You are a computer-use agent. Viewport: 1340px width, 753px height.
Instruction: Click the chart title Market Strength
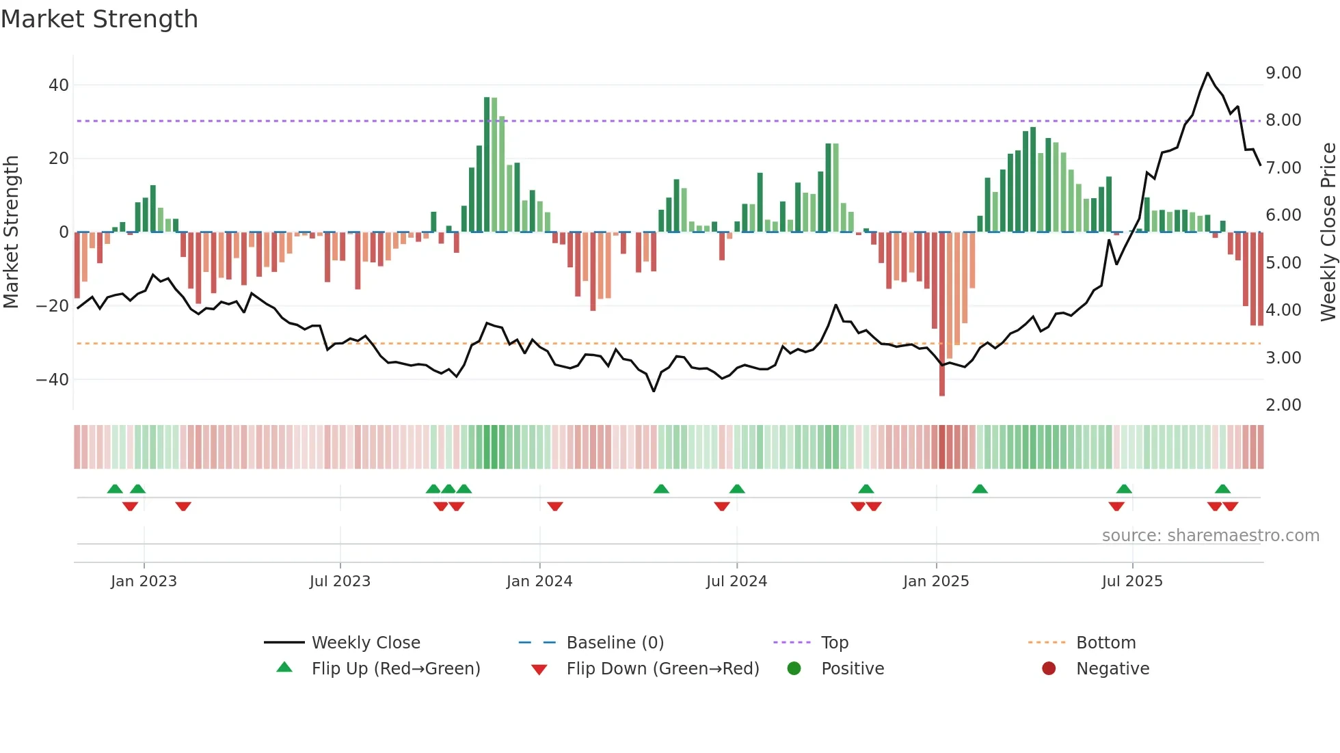(99, 19)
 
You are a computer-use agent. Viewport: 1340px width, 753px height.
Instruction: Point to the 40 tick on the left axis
(59, 85)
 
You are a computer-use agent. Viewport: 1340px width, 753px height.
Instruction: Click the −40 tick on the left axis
(53, 379)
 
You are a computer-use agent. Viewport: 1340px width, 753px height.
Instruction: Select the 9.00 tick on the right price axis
(1283, 73)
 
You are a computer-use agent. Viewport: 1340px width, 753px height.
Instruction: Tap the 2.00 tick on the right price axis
(1283, 405)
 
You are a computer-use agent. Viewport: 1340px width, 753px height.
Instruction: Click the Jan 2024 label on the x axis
(539, 581)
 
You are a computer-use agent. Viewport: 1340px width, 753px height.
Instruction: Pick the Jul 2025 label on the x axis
(1131, 581)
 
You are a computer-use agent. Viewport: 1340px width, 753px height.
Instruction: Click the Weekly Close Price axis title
(1328, 232)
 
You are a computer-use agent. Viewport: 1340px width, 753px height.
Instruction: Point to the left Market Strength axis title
(12, 232)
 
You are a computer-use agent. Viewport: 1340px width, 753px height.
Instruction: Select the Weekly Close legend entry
(366, 643)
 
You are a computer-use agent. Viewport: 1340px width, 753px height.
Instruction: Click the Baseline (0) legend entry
(615, 643)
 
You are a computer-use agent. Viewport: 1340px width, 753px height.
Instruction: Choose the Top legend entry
(834, 643)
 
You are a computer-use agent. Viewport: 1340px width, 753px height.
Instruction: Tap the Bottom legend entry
(1105, 643)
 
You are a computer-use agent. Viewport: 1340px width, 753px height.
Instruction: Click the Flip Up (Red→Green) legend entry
(395, 669)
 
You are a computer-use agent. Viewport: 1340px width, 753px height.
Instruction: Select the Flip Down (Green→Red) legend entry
(662, 669)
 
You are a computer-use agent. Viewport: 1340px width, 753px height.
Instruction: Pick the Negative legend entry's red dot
(1049, 668)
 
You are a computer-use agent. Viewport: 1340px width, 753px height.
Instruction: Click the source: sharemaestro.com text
(1210, 536)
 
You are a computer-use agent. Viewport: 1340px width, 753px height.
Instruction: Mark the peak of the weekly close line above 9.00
(1207, 73)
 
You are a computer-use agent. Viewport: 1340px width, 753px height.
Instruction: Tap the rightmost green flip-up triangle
(1222, 489)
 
